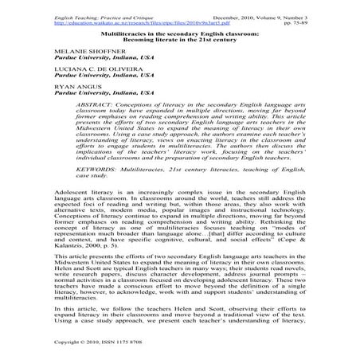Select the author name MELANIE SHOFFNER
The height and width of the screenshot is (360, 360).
(57, 48)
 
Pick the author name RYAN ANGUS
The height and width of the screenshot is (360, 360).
(47, 90)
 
